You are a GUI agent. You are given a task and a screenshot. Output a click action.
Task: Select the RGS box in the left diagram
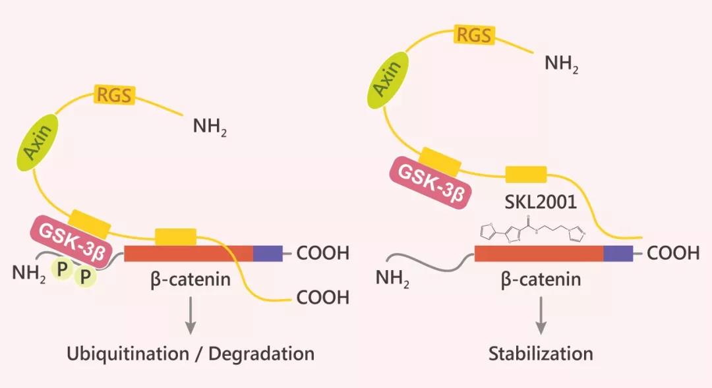click(x=115, y=96)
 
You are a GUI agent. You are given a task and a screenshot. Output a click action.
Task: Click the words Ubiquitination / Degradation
click(x=190, y=353)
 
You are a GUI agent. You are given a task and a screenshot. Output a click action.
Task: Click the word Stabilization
click(x=541, y=353)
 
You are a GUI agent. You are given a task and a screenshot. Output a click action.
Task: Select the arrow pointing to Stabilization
click(x=541, y=315)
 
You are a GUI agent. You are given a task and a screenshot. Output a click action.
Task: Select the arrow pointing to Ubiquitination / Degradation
click(x=190, y=315)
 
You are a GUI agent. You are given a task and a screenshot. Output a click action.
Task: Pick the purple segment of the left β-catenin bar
click(x=268, y=253)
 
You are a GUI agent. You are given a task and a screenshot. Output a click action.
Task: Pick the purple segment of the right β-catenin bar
click(x=618, y=253)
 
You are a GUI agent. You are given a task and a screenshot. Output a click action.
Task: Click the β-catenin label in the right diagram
click(x=541, y=279)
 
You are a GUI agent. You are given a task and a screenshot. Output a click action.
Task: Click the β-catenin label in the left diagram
click(x=191, y=279)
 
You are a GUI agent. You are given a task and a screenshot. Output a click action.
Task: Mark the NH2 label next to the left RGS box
click(x=210, y=126)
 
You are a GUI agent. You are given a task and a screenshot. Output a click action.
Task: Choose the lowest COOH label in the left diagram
click(x=322, y=297)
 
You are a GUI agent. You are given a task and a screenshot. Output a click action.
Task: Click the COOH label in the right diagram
click(x=672, y=253)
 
